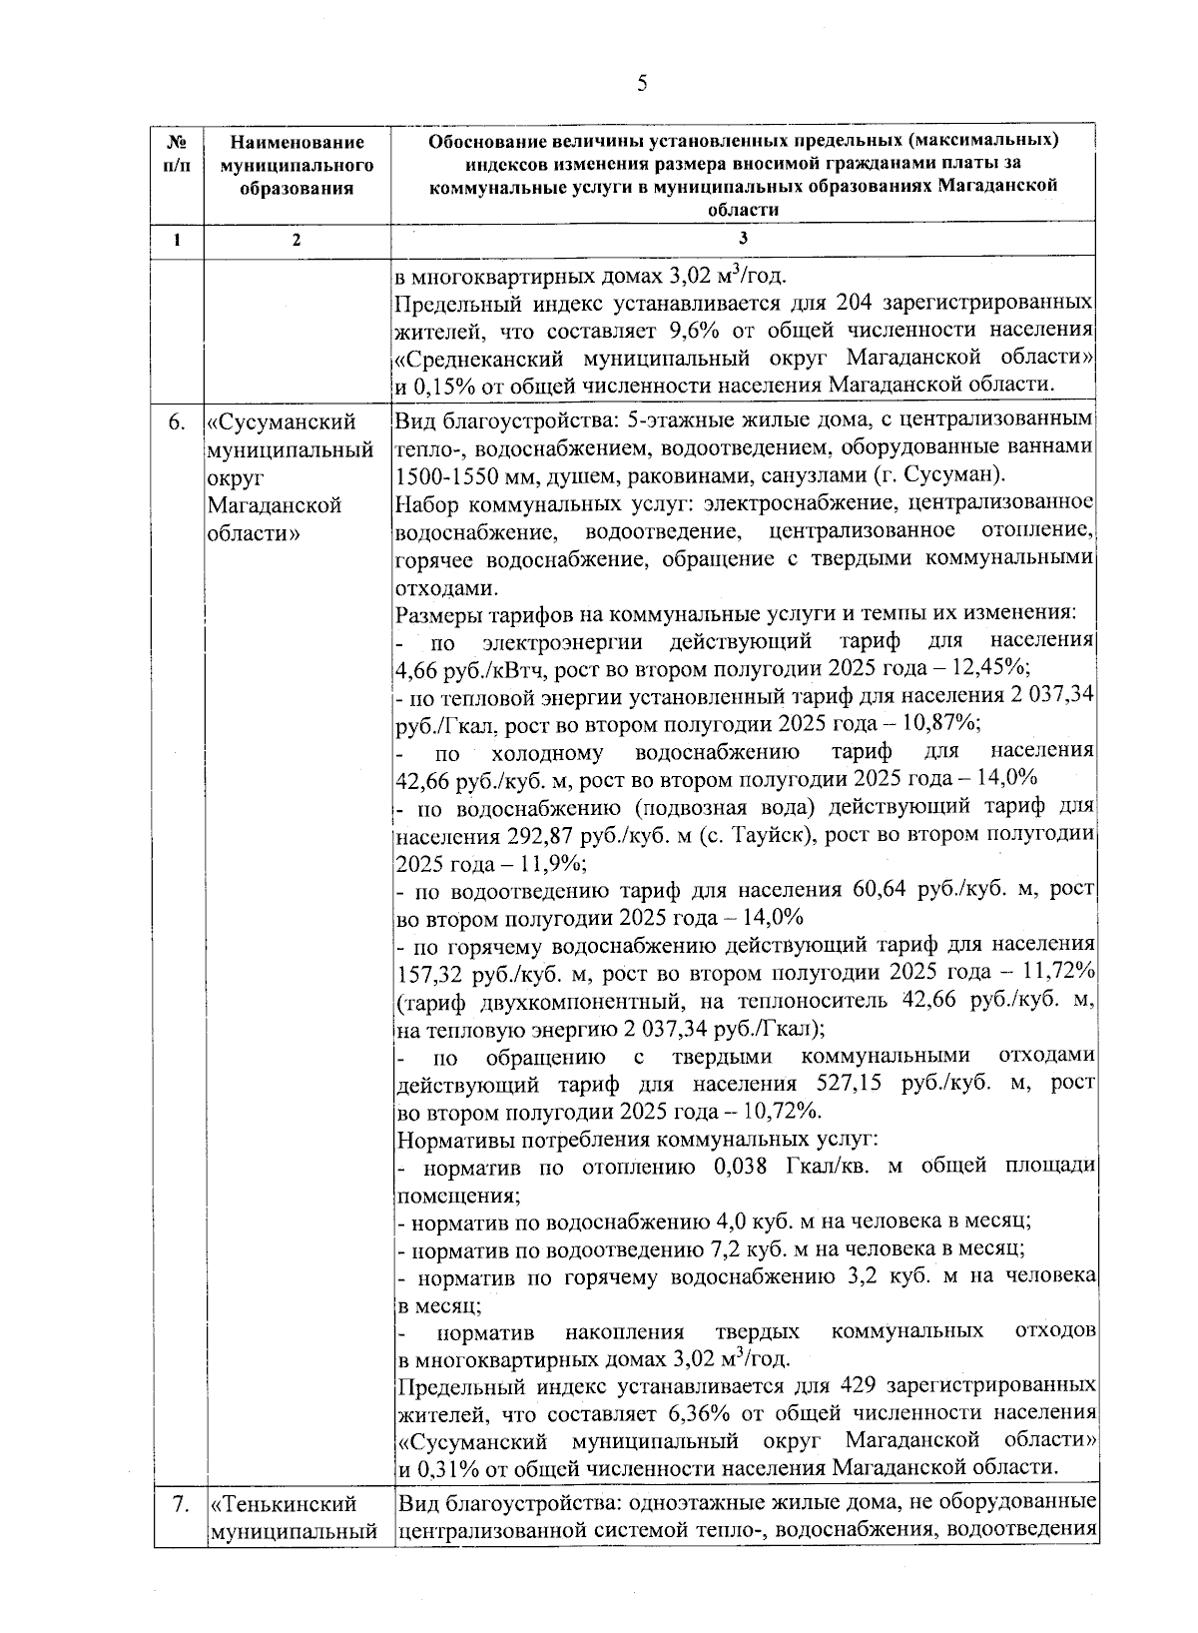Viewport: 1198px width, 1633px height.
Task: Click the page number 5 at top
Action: pos(642,83)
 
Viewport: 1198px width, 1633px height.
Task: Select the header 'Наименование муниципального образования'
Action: pos(296,166)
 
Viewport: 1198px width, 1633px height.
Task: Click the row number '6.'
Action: pos(176,422)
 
